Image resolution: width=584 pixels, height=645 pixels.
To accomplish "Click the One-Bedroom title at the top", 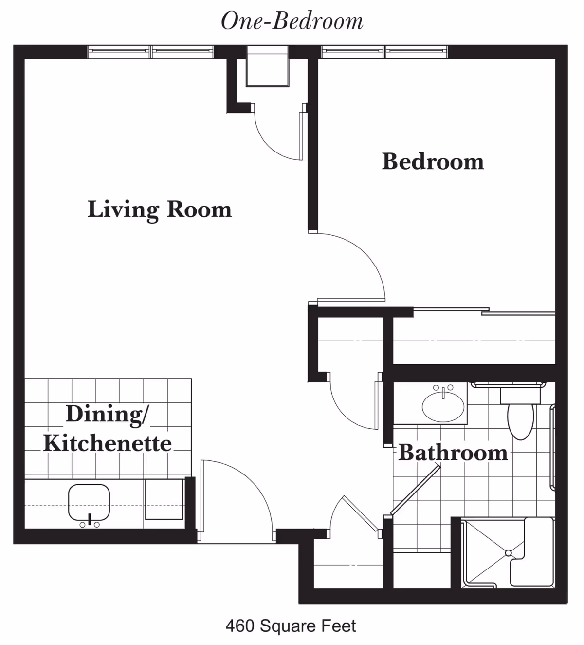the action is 292,21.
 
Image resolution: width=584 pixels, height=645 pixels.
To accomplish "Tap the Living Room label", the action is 160,210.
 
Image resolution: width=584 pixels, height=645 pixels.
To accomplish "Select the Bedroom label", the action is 433,161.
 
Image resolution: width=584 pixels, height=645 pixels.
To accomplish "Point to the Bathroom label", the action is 453,453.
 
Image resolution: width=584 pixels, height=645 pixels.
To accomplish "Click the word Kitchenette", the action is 108,443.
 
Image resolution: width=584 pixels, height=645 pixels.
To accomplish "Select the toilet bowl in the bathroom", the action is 520,421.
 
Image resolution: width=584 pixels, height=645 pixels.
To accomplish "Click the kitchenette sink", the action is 89,502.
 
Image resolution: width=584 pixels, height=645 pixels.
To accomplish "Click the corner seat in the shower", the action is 531,551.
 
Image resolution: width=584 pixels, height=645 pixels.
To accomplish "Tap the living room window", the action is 151,52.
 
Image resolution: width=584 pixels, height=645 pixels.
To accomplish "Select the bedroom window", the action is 384,52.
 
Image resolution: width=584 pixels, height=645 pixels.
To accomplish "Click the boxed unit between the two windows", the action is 267,66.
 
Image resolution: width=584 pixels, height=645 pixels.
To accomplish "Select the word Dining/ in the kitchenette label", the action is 108,415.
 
